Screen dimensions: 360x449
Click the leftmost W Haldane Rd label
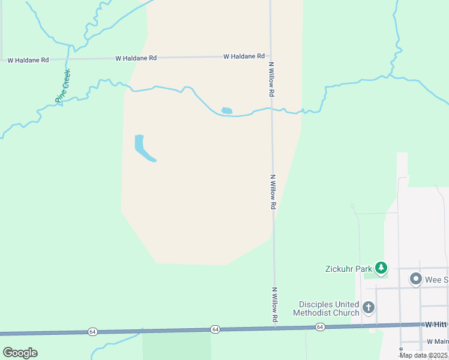point(28,60)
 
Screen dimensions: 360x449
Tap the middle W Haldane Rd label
point(136,58)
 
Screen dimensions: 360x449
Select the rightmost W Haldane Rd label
point(244,56)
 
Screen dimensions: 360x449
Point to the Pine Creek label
point(63,86)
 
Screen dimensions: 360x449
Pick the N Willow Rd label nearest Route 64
point(275,304)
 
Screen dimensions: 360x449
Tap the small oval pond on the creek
point(226,110)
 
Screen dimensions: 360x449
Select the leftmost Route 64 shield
point(92,331)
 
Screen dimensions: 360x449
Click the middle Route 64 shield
point(215,329)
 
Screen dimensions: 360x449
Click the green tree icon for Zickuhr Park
point(381,268)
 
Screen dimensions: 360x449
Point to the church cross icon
point(369,308)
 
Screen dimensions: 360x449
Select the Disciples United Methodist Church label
point(326,308)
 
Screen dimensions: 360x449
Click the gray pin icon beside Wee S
point(415,279)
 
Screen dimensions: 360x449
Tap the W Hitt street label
point(437,324)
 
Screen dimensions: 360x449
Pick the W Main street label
point(438,341)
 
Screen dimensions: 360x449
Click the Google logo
point(20,353)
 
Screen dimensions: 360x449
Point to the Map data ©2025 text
point(423,355)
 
